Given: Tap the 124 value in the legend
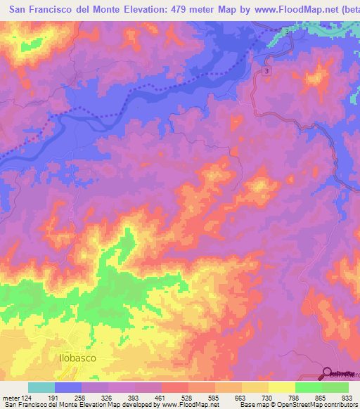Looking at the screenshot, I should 27,397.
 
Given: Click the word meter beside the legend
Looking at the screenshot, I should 11,397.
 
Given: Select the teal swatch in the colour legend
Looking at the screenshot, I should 41,387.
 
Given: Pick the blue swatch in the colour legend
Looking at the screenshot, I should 68,387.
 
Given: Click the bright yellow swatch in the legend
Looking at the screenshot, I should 282,387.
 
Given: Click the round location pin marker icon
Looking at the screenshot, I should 327,372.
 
